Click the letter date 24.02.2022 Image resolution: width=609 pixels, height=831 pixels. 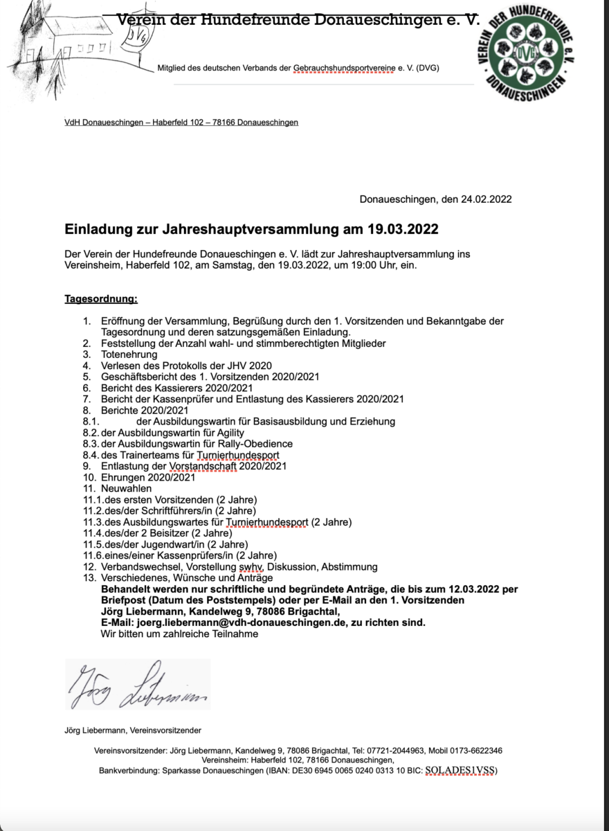pos(486,199)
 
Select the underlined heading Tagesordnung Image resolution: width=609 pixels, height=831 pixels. pos(101,299)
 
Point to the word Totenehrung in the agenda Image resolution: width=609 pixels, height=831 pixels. pos(129,354)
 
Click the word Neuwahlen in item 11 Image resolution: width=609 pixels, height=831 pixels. pos(126,488)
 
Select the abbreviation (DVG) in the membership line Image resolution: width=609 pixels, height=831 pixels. pos(426,68)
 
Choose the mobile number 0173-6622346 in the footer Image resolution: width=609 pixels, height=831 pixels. pos(475,750)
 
